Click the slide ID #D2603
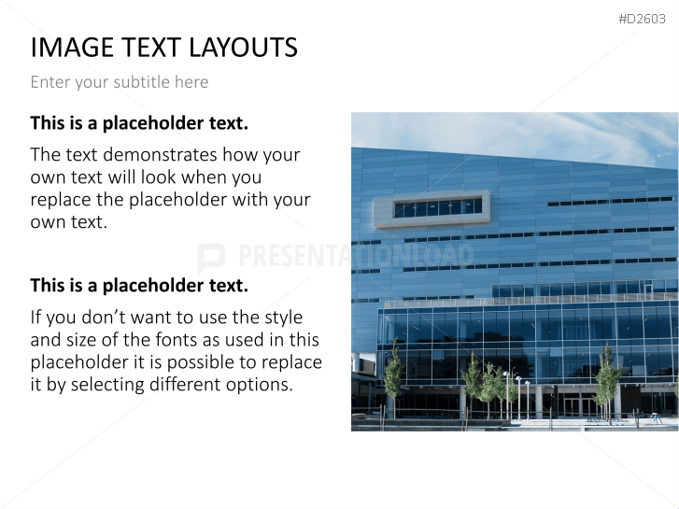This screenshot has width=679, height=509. (x=642, y=19)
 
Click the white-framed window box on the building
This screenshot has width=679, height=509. (x=431, y=209)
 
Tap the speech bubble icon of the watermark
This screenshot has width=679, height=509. (x=211, y=258)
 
